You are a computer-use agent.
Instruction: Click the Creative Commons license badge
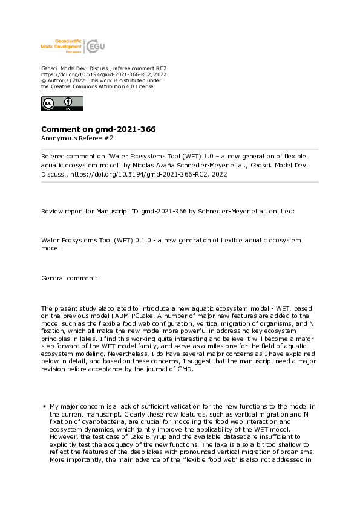click(x=62, y=103)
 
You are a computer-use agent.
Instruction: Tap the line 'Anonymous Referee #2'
click(x=77, y=138)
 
